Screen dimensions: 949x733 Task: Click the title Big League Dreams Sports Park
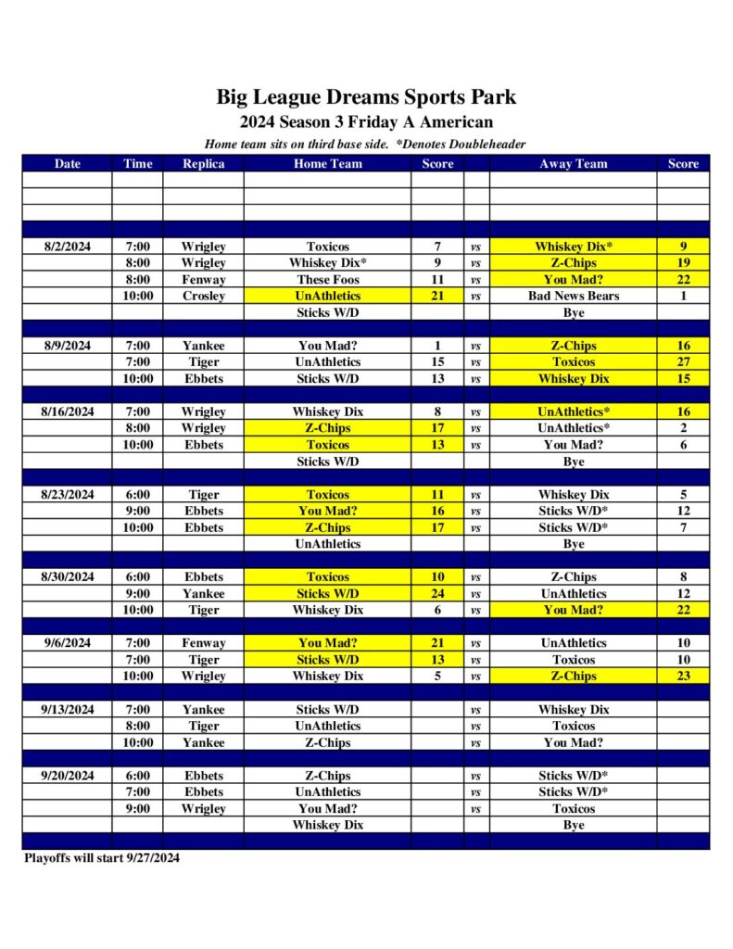366,97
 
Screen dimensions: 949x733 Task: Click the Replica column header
203,164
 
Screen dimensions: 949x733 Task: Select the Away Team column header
573,164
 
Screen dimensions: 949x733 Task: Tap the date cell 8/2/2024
68,247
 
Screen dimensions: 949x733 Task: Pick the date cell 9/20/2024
68,776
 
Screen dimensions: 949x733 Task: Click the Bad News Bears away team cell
573,297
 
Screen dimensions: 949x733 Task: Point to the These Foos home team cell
327,280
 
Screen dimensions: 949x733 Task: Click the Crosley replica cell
203,297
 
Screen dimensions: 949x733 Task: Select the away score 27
683,362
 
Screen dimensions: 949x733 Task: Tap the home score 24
437,594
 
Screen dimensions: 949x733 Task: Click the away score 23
683,677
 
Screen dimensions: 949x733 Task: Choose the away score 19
683,263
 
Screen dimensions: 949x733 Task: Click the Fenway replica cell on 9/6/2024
203,643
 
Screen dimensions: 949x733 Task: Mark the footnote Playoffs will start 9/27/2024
102,858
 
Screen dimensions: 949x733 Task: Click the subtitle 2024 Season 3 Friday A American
366,122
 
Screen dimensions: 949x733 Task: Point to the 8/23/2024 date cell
68,495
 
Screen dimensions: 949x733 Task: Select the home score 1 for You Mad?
437,346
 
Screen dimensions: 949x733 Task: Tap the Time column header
137,164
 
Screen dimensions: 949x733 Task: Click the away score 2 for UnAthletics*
683,428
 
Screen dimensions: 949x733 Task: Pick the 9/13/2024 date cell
68,710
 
